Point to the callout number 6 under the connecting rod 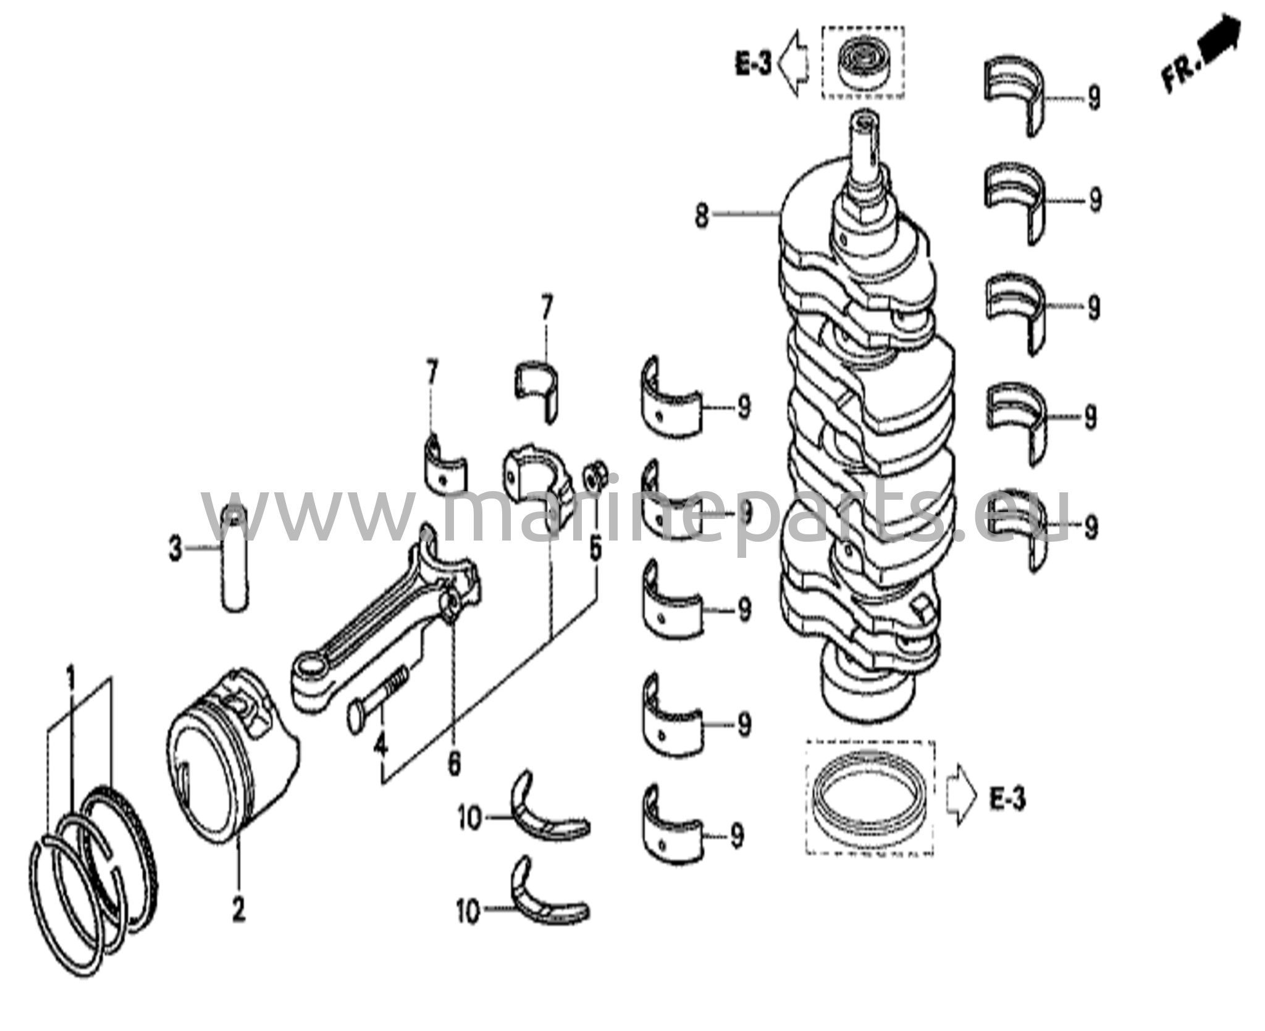(x=454, y=765)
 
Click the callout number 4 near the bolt (x=381, y=746)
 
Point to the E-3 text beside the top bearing (x=753, y=64)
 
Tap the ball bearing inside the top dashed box (x=862, y=62)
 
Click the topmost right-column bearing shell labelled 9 (x=1012, y=93)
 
